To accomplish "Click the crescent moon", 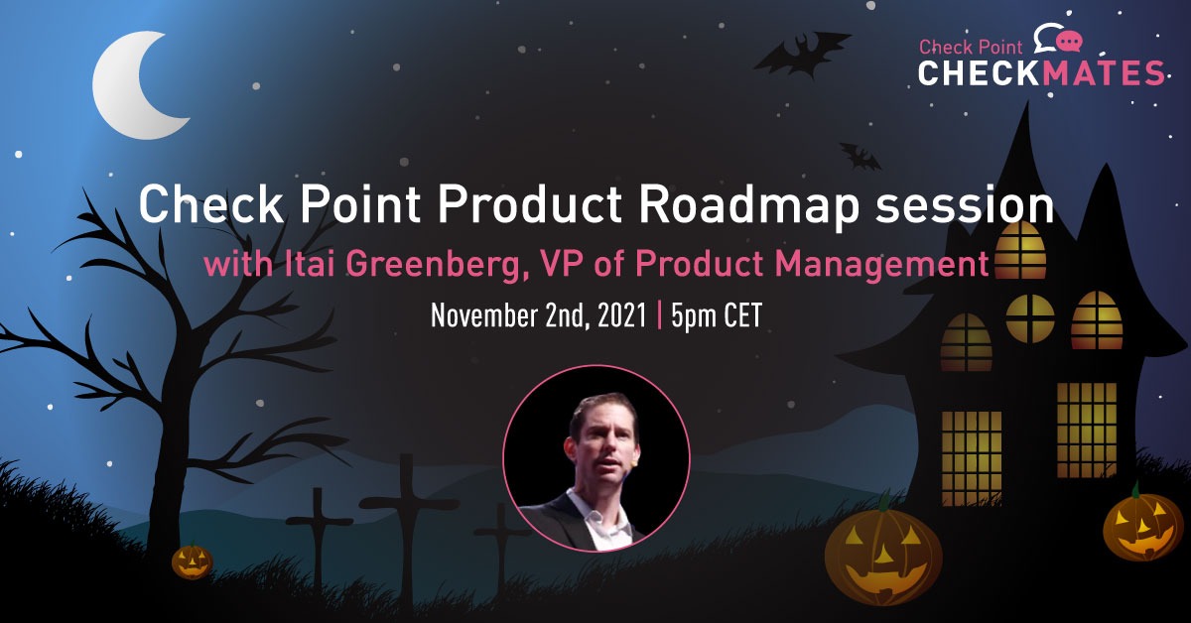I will [134, 87].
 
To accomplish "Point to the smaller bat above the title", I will [860, 156].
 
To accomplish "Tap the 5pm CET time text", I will [715, 316].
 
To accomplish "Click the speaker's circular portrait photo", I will [595, 457].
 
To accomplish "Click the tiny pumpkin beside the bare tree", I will [192, 561].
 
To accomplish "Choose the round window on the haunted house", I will [1029, 317].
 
